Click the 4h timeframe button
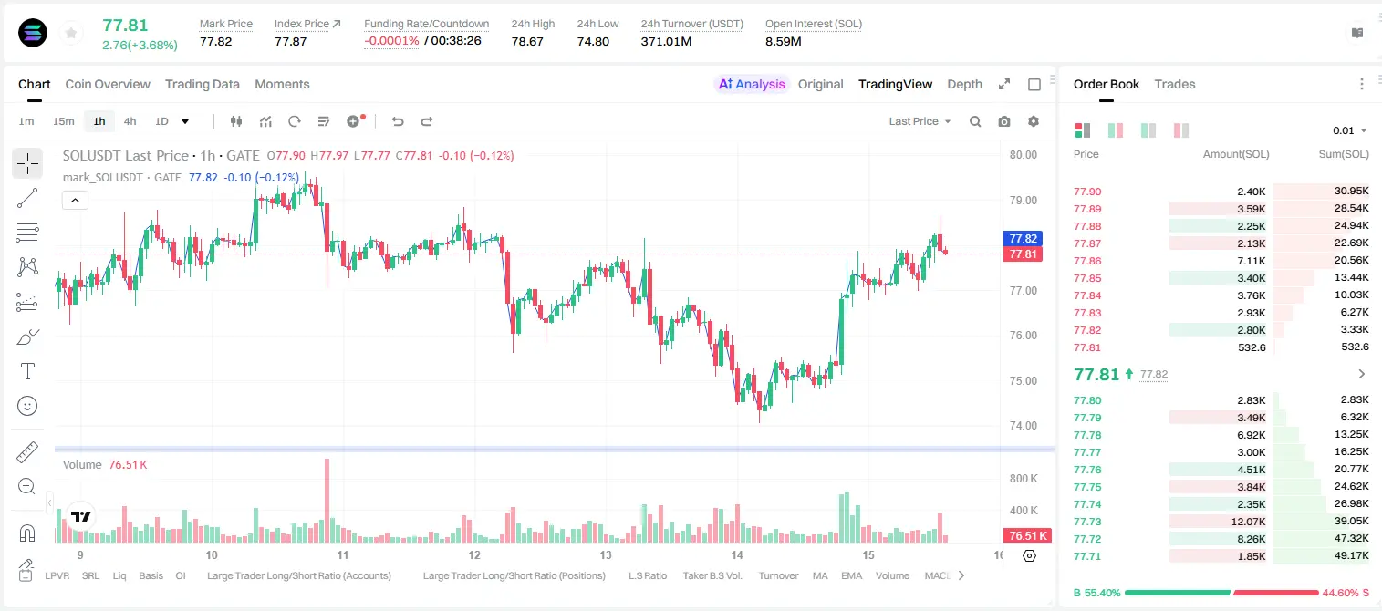point(130,121)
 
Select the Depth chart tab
point(964,84)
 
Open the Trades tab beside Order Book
point(1175,84)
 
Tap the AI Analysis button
point(752,84)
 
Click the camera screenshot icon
point(1004,121)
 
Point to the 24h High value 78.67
point(527,41)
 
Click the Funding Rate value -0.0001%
point(391,41)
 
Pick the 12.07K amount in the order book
point(1248,522)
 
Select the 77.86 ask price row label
point(1087,261)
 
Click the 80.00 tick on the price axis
point(1023,155)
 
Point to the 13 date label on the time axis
point(605,554)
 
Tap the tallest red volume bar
point(327,500)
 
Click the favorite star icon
point(71,33)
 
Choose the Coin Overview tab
point(108,84)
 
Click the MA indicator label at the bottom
point(820,575)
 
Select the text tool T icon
point(27,371)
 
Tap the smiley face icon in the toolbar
point(27,406)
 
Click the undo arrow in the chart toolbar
point(398,121)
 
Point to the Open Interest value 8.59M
point(783,41)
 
